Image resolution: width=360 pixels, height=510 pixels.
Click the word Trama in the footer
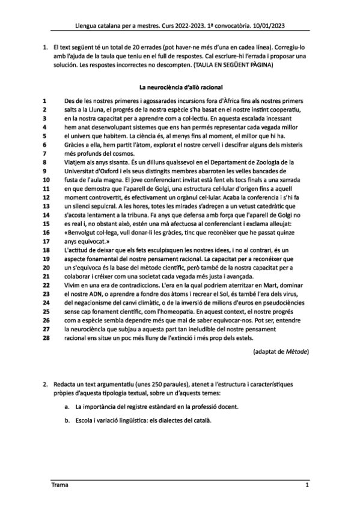tap(58, 484)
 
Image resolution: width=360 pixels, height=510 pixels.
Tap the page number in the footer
tap(307, 484)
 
